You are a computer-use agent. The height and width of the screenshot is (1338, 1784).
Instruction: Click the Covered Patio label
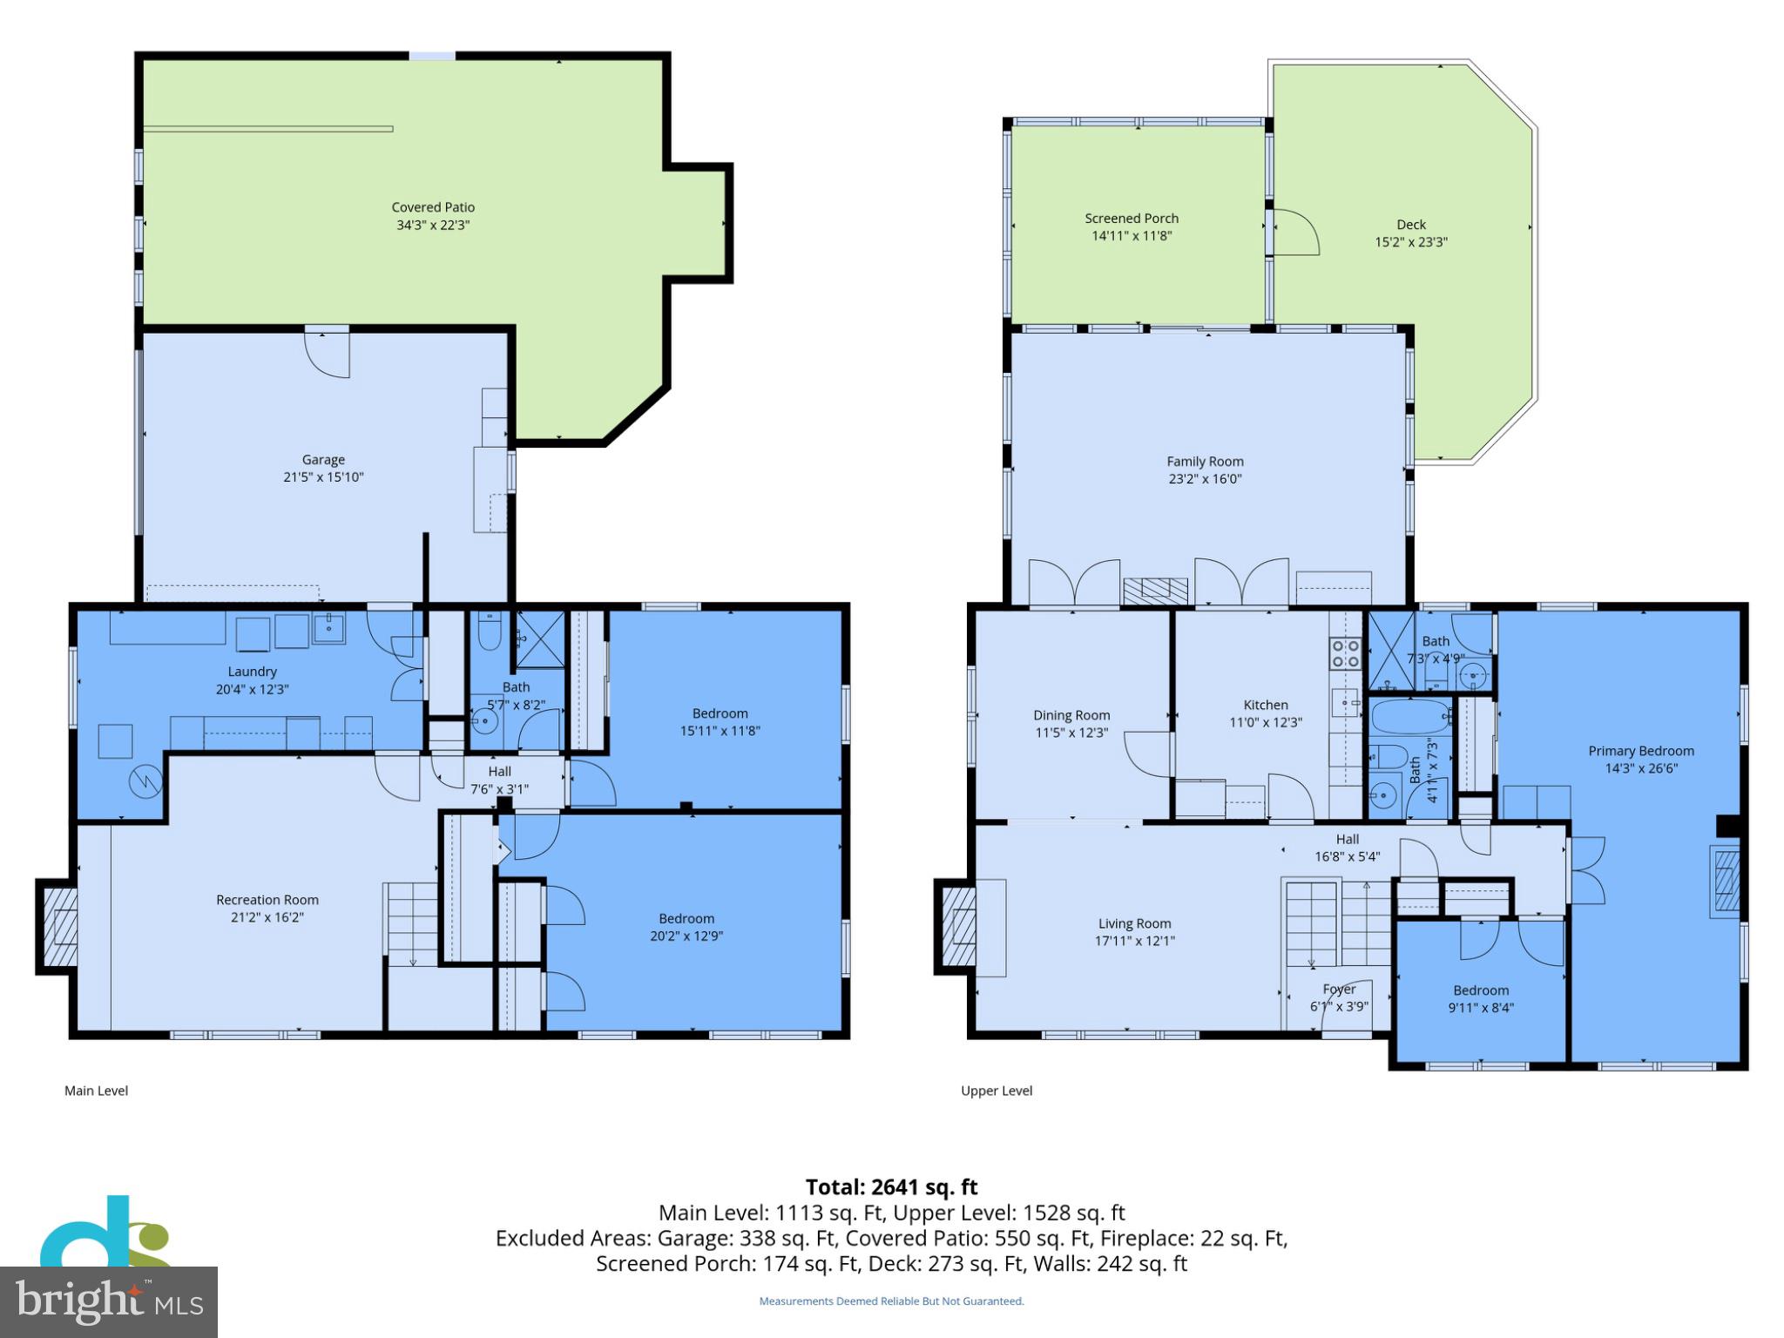pyautogui.click(x=433, y=207)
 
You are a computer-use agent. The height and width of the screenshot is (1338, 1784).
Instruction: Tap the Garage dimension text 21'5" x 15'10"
pyautogui.click(x=323, y=477)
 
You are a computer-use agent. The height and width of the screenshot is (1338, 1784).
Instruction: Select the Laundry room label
pyautogui.click(x=252, y=672)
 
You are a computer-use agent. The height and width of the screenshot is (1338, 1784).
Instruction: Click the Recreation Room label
pyautogui.click(x=267, y=900)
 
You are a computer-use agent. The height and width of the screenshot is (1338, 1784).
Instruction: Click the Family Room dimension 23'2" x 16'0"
pyautogui.click(x=1205, y=479)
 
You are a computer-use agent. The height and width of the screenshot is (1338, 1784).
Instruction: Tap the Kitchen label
pyautogui.click(x=1265, y=705)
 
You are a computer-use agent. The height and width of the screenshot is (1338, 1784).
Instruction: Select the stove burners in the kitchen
pyautogui.click(x=1345, y=652)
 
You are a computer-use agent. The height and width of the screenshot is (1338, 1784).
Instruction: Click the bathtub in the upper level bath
pyautogui.click(x=1409, y=718)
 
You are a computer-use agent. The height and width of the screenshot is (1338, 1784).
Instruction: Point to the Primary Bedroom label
pyautogui.click(x=1640, y=751)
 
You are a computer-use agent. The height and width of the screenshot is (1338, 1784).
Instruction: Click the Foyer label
pyautogui.click(x=1339, y=990)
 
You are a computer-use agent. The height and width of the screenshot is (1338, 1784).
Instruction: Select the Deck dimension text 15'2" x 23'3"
pyautogui.click(x=1410, y=242)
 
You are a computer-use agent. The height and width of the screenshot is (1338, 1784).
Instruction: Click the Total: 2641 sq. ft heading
pyautogui.click(x=891, y=1187)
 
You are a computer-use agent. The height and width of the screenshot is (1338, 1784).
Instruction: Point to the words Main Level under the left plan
pyautogui.click(x=96, y=1091)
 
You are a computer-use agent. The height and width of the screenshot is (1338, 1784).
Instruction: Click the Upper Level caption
pyautogui.click(x=997, y=1091)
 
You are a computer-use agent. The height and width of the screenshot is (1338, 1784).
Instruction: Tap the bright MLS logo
pyautogui.click(x=108, y=1301)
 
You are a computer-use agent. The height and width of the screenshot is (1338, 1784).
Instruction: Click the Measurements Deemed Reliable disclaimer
pyautogui.click(x=891, y=1301)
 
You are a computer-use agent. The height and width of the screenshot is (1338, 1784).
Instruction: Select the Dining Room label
pyautogui.click(x=1071, y=715)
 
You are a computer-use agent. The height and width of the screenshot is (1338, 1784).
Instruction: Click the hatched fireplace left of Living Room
pyautogui.click(x=957, y=926)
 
